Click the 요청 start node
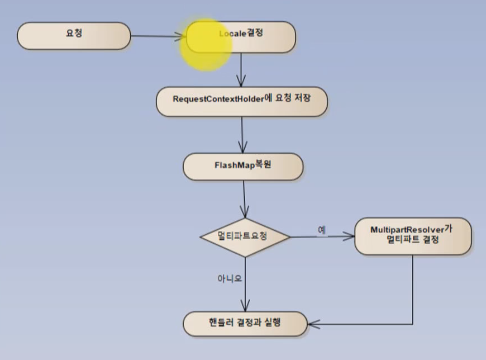pos(74,35)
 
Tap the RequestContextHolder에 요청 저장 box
pos(241,101)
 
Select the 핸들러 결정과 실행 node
pos(245,324)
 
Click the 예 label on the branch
pos(322,229)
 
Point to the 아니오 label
pos(230,278)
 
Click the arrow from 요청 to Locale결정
pos(156,36)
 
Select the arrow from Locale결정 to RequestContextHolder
pos(241,69)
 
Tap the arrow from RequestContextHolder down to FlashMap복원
pos(242,135)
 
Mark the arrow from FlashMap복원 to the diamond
pos(244,198)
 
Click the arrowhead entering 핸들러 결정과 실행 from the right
pos(312,324)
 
